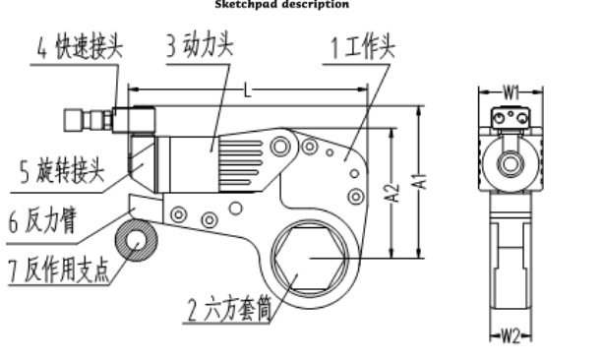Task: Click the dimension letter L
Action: pyautogui.click(x=247, y=90)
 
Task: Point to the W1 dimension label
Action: pyautogui.click(x=512, y=91)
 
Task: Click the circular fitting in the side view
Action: pyautogui.click(x=511, y=163)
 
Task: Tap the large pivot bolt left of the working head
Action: pyautogui.click(x=282, y=147)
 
